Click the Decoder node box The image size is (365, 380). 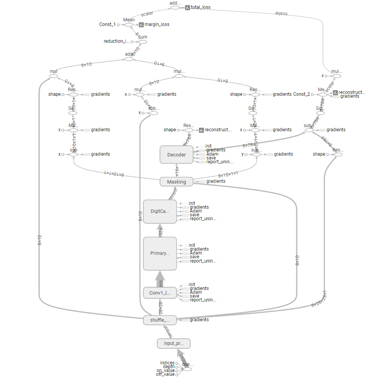click(x=176, y=155)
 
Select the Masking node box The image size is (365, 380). click(x=176, y=182)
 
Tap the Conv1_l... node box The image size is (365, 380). click(x=160, y=293)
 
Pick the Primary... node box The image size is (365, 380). click(x=160, y=253)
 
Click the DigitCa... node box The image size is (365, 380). click(x=160, y=211)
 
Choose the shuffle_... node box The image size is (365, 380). click(x=160, y=320)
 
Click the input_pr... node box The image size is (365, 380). click(x=173, y=343)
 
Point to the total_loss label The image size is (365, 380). click(x=200, y=7)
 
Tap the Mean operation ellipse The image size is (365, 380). click(x=129, y=24)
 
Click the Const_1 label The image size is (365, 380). click(x=107, y=24)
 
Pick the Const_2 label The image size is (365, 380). click(x=301, y=94)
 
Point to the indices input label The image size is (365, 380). click(x=167, y=363)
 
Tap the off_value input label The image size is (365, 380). click(x=165, y=374)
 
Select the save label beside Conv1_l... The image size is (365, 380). click(x=194, y=296)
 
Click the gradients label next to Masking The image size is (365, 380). click(x=216, y=181)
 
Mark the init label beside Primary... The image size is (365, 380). click(x=192, y=245)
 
